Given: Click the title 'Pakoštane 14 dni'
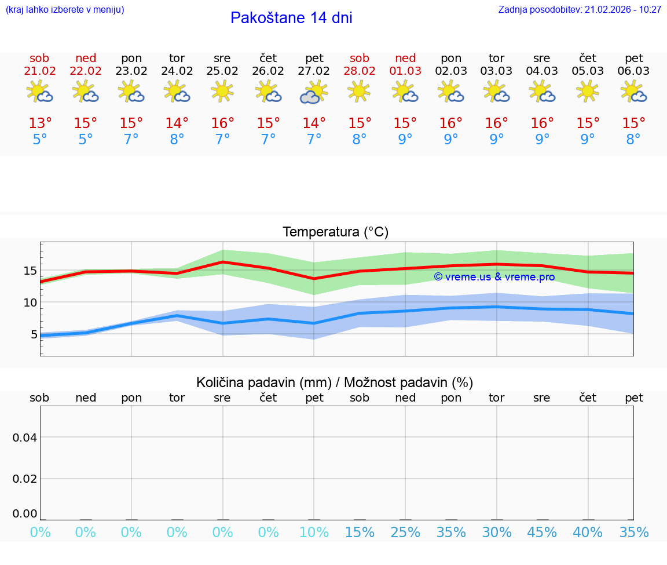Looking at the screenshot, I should click(x=291, y=18).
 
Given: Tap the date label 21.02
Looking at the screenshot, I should click(x=39, y=71).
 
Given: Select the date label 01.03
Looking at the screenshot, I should click(x=405, y=71).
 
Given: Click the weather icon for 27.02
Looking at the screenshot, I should click(x=314, y=92).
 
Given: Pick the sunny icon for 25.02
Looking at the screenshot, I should click(x=222, y=91).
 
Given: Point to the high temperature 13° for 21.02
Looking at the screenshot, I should click(x=40, y=123).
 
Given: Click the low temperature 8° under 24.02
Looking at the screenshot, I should click(x=177, y=140).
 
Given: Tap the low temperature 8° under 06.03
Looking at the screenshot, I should click(x=633, y=140).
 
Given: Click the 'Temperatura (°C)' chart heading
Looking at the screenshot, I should click(x=335, y=232).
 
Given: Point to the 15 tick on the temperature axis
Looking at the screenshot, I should click(x=30, y=271).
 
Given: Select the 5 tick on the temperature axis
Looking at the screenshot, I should click(x=34, y=334).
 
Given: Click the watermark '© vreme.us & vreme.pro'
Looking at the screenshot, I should click(x=494, y=277).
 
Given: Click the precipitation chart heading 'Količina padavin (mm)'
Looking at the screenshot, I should click(x=263, y=382).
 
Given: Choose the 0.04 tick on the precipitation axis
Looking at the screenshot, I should click(x=25, y=437).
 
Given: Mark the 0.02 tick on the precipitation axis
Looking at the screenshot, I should click(x=25, y=479).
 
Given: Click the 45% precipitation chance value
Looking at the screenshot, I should click(x=542, y=533).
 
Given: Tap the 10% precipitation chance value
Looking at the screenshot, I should click(x=314, y=533).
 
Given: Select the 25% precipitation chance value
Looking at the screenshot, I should click(x=405, y=533).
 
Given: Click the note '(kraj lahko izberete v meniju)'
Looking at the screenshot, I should click(x=65, y=10).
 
